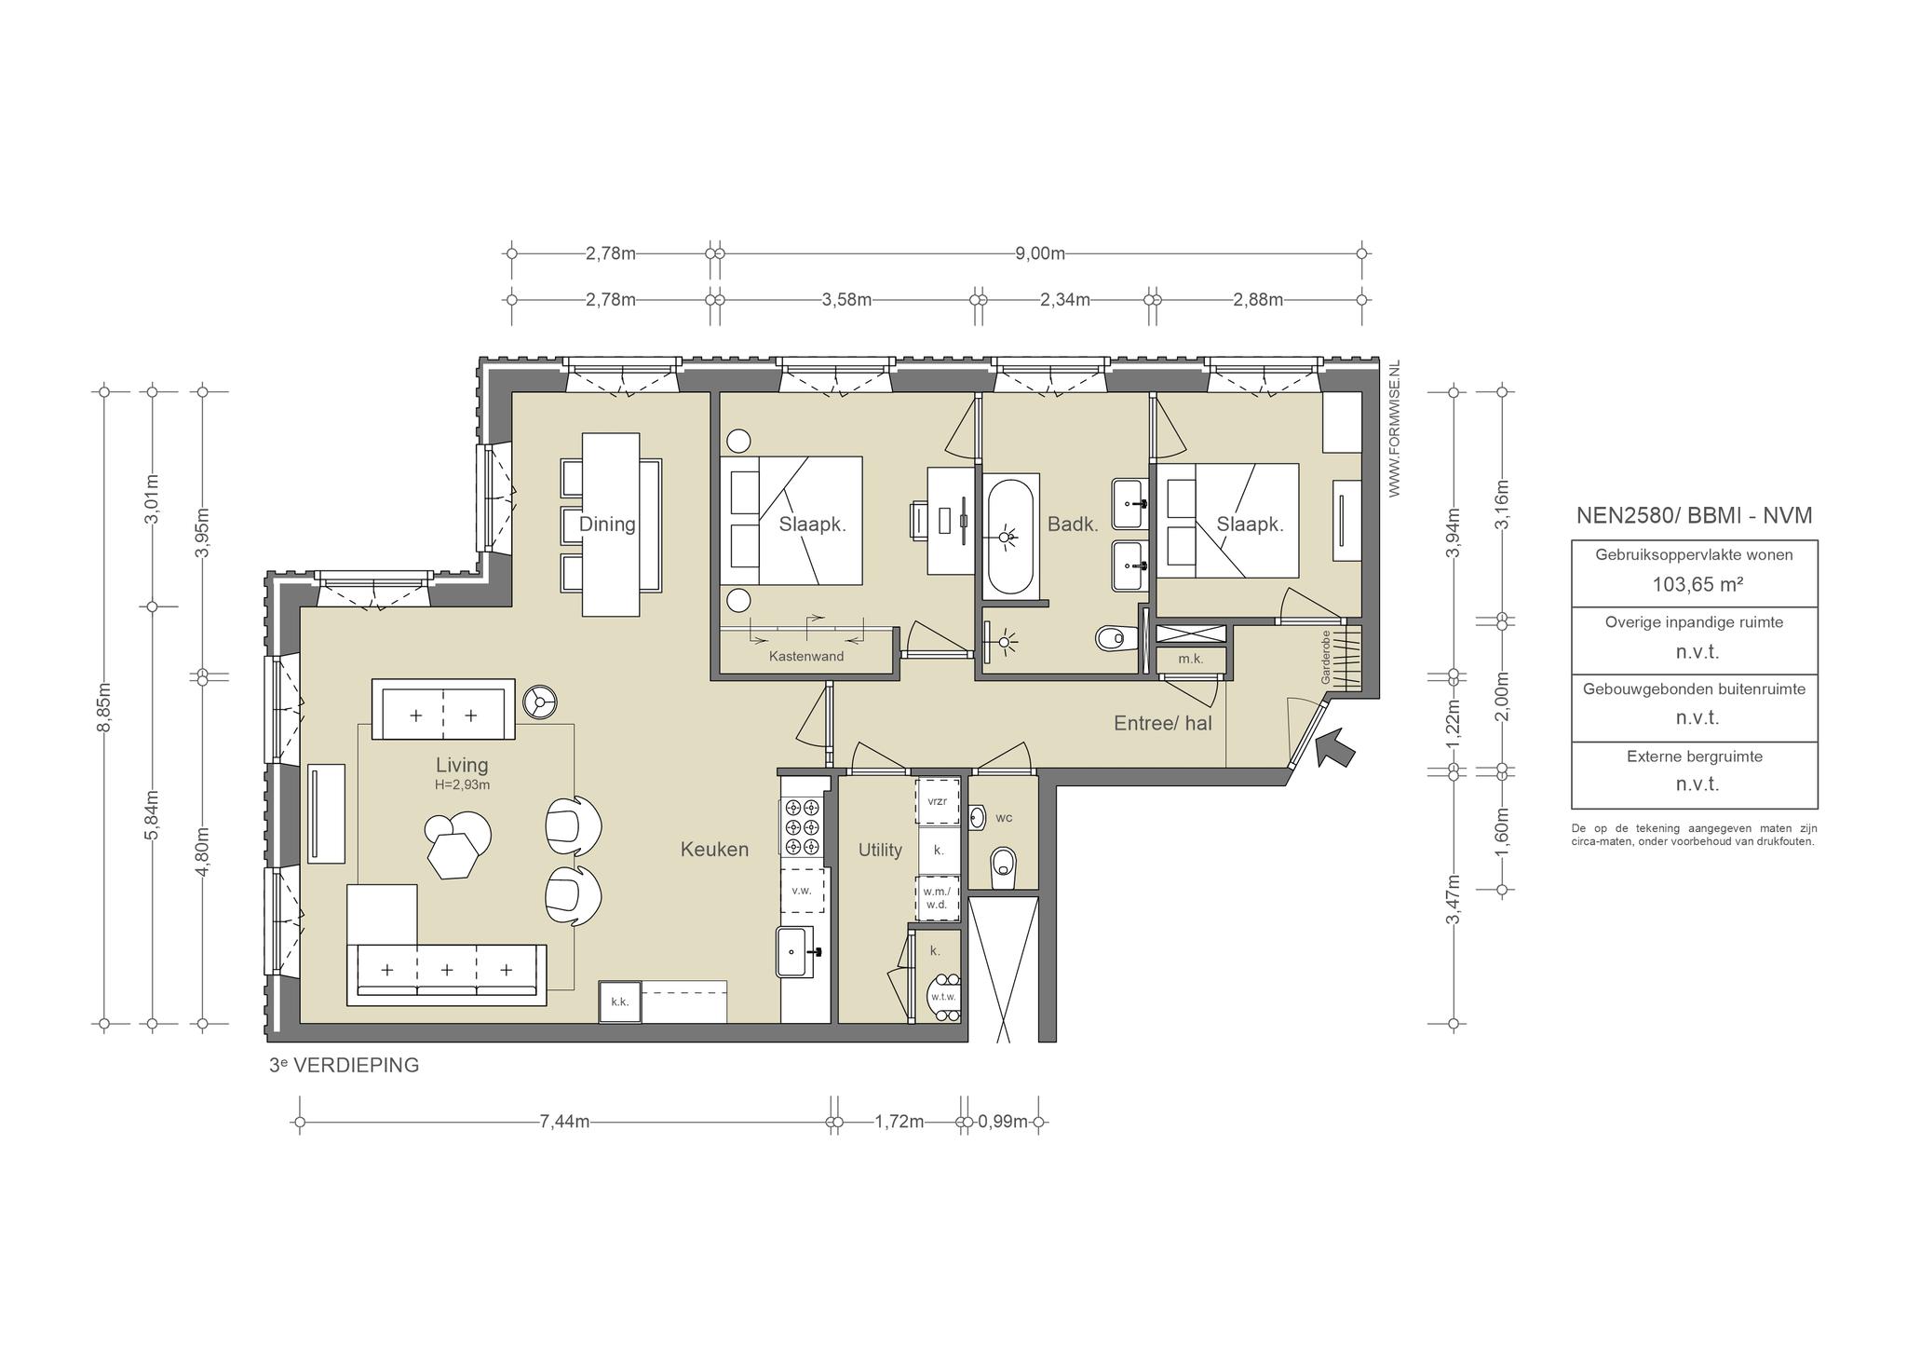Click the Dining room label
[x=607, y=524]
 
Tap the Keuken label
[x=714, y=849]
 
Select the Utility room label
[x=880, y=850]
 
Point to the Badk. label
[x=1073, y=524]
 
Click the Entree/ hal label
[x=1163, y=722]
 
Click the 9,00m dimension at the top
[x=1040, y=253]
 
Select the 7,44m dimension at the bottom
[x=564, y=1122]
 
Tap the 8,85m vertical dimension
[x=104, y=708]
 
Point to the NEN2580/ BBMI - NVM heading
[x=1694, y=515]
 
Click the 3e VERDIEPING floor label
[x=344, y=1065]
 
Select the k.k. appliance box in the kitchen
[x=620, y=1002]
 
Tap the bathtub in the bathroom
[x=1008, y=536]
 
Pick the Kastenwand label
[x=806, y=657]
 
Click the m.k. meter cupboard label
[x=1190, y=660]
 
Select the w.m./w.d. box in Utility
[x=937, y=898]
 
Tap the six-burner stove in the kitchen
[x=802, y=827]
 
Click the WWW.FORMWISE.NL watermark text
[x=1394, y=429]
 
